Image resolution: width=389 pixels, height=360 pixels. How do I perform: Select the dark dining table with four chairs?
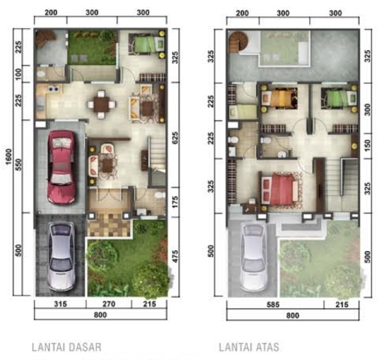(103, 105)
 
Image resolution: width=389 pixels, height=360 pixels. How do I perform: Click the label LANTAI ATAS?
(249, 347)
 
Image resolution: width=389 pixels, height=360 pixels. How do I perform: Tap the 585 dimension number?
(274, 305)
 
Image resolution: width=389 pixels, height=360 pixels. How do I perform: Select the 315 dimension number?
(59, 305)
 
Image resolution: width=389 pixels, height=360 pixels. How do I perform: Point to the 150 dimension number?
(366, 144)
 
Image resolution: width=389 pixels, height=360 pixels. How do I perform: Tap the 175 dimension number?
(174, 202)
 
